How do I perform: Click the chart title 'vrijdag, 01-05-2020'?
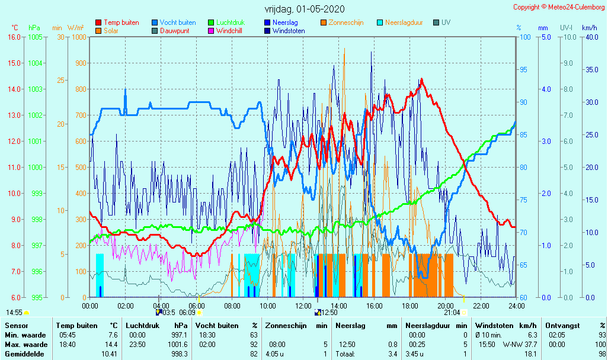(x=304, y=9)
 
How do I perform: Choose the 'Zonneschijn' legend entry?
(x=346, y=22)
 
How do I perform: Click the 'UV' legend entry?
(x=446, y=22)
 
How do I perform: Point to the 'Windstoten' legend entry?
(x=289, y=31)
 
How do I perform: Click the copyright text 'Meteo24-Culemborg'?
(x=560, y=7)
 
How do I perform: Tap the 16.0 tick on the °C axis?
(x=15, y=37)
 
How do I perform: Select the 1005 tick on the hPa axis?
(x=35, y=37)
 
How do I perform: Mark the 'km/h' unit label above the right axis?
(x=589, y=28)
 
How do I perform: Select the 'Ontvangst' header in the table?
(x=562, y=325)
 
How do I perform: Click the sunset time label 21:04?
(x=452, y=312)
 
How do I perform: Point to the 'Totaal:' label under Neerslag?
(x=347, y=353)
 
